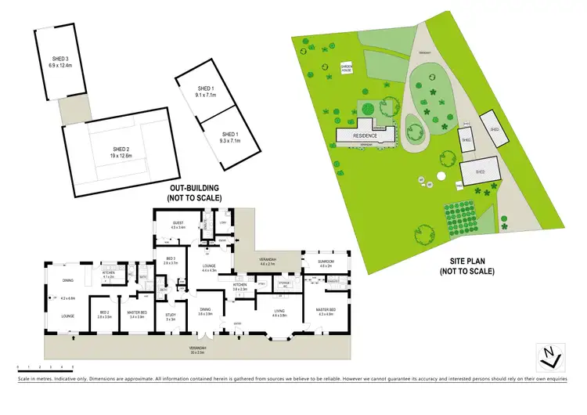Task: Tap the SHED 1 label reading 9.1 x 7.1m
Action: [206, 92]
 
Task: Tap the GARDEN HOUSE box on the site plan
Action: [345, 69]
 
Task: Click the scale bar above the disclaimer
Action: [45, 366]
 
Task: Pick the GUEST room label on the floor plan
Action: [178, 226]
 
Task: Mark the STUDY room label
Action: [171, 316]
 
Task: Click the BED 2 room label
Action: [105, 315]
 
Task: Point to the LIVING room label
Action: [279, 312]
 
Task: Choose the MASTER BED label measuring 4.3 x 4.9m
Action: [326, 312]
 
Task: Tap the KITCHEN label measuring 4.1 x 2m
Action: [109, 274]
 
